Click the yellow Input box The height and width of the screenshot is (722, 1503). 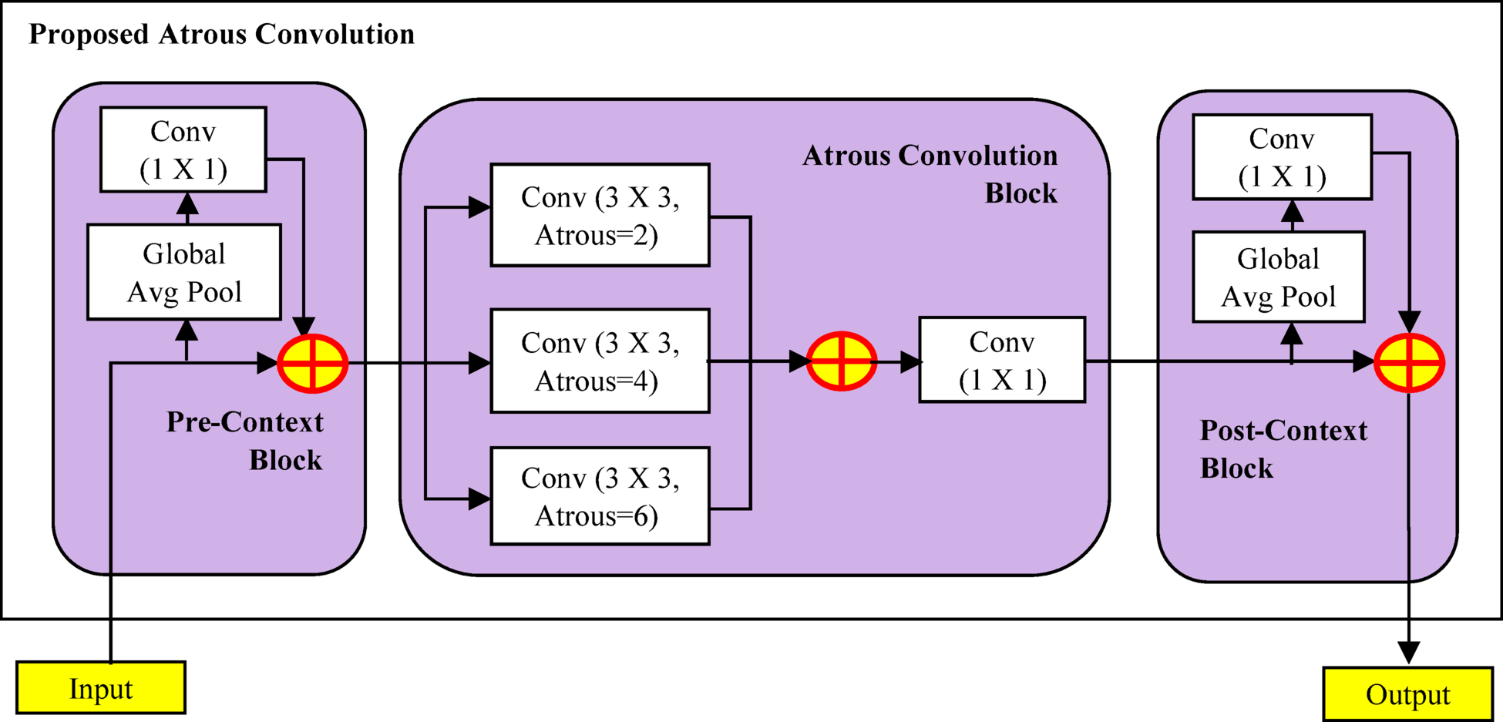pyautogui.click(x=101, y=688)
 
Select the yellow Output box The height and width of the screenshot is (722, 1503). pyautogui.click(x=1407, y=694)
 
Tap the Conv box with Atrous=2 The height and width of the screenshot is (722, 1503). pyautogui.click(x=600, y=216)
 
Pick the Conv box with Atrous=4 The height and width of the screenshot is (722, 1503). pyautogui.click(x=600, y=361)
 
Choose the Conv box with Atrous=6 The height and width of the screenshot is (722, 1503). pyautogui.click(x=600, y=496)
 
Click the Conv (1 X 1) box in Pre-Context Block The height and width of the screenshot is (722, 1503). pyautogui.click(x=183, y=149)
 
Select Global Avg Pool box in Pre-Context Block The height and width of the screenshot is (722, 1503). pyautogui.click(x=184, y=272)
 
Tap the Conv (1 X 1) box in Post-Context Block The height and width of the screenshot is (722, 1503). pyautogui.click(x=1282, y=157)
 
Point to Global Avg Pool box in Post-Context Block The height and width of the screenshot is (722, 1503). pyautogui.click(x=1279, y=277)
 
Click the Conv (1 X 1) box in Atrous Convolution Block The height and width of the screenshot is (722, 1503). pyautogui.click(x=1002, y=360)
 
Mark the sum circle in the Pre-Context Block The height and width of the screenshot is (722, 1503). pyautogui.click(x=312, y=363)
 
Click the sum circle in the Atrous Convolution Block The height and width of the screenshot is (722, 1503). pyautogui.click(x=841, y=361)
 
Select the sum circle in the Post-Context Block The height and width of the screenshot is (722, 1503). pyautogui.click(x=1409, y=362)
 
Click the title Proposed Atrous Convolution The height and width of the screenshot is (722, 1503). pyautogui.click(x=221, y=35)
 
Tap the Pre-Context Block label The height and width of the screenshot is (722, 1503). pyautogui.click(x=245, y=441)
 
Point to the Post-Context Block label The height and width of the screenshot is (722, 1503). pyautogui.click(x=1283, y=449)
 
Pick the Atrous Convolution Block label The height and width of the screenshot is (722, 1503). pyautogui.click(x=930, y=174)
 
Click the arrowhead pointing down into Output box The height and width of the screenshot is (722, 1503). pyautogui.click(x=1408, y=653)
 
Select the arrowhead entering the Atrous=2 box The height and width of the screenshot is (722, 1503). pyautogui.click(x=479, y=207)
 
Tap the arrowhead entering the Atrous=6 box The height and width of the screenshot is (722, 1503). pyautogui.click(x=479, y=499)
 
